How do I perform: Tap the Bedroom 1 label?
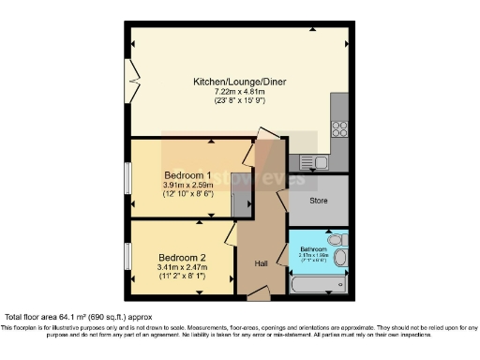(x=187, y=175)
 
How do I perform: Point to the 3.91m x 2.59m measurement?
(x=187, y=187)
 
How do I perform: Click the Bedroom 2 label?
(x=182, y=257)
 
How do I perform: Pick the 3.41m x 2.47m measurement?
(x=182, y=268)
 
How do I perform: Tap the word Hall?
(x=262, y=263)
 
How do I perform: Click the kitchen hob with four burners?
(x=339, y=130)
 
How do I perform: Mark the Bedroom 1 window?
(x=128, y=177)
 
